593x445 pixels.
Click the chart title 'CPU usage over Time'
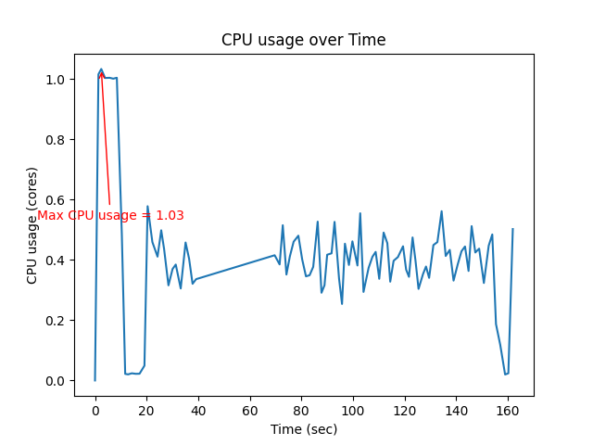pos(303,40)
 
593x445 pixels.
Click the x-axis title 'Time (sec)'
pos(303,429)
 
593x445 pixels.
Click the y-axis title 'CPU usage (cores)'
pos(32,225)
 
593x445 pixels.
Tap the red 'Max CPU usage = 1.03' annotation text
pos(110,215)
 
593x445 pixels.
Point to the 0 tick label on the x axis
pos(95,409)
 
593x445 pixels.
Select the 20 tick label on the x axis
pos(146,409)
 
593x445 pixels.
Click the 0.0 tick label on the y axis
pos(57,381)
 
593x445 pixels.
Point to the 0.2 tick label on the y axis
pos(57,321)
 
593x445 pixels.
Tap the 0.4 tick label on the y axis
pos(57,261)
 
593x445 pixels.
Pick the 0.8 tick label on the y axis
pos(57,140)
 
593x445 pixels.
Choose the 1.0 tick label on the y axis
pos(57,80)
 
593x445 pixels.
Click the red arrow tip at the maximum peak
pos(101,70)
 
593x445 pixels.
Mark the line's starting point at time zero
pos(95,380)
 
